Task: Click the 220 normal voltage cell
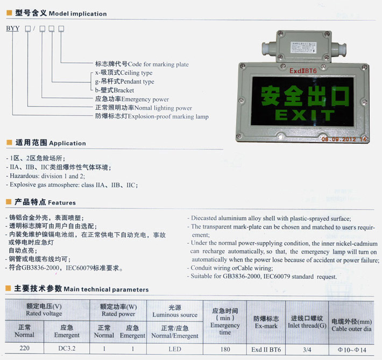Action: coord(24,348)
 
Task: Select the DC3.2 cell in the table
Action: coord(67,348)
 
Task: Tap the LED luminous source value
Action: coord(175,349)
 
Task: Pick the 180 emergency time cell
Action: coord(225,349)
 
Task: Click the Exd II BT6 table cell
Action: coord(266,350)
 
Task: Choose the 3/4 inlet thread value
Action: coord(307,350)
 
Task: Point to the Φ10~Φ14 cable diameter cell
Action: coord(352,350)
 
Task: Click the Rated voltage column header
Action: coord(44,309)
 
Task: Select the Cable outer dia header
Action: coord(351,325)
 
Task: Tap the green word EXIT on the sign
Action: coord(305,115)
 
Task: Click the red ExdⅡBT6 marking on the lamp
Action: coord(303,71)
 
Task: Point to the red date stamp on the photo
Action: coord(344,139)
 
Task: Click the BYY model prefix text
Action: coord(13,29)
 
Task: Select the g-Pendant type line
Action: coord(124,81)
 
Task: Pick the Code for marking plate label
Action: coord(142,64)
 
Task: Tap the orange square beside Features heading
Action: coord(9,202)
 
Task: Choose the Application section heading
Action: coord(51,143)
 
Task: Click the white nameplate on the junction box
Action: coord(303,47)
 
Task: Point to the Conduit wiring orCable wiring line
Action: coord(230,268)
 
